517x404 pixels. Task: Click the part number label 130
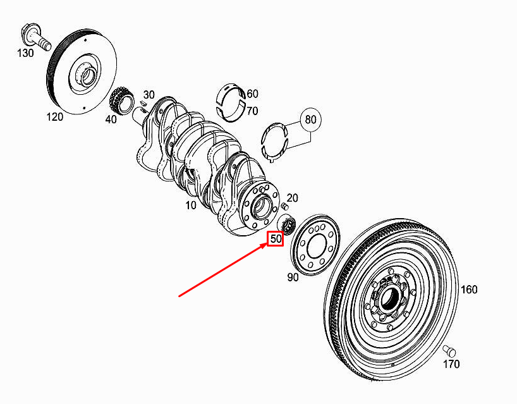click(25, 53)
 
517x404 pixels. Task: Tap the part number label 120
click(55, 116)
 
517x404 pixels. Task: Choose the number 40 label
click(111, 119)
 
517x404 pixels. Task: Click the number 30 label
click(149, 94)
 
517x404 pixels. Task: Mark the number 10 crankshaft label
click(190, 205)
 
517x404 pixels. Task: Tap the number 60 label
click(252, 94)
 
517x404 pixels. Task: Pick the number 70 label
click(252, 111)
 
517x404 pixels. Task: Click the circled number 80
click(310, 119)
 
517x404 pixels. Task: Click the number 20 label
click(292, 198)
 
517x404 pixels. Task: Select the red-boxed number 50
click(275, 239)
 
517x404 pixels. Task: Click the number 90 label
click(293, 278)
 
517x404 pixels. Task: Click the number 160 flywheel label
click(468, 289)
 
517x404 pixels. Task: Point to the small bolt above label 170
click(449, 350)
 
